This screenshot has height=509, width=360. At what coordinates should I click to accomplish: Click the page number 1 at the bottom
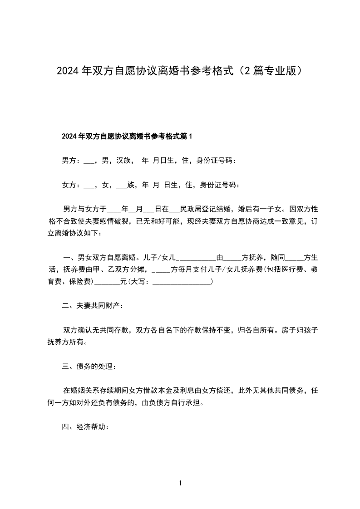coord(180,484)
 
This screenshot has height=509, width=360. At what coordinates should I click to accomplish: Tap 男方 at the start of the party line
coord(69,160)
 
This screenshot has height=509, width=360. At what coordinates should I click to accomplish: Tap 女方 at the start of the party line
coord(69,185)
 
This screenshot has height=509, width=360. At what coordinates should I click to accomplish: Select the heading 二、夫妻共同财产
coord(92,306)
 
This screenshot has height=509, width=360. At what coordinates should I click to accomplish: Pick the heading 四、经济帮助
coord(85,427)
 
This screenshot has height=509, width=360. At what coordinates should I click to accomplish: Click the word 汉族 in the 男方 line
coord(124,160)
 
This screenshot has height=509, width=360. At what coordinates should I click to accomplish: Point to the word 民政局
coord(191,209)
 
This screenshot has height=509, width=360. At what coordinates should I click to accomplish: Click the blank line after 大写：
coord(182,282)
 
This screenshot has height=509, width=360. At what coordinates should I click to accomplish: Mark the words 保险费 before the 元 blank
coord(81,282)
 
